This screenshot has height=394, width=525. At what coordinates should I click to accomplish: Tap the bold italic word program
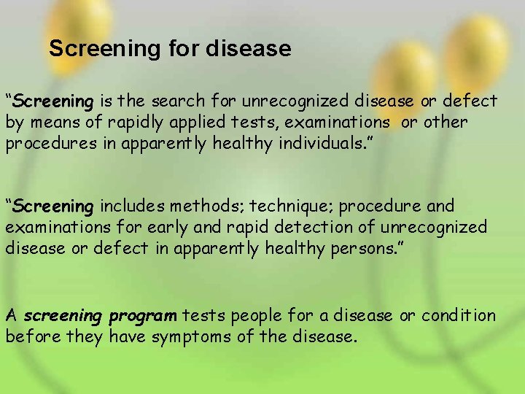[x=143, y=317]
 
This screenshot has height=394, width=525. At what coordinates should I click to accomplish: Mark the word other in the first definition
[x=446, y=122]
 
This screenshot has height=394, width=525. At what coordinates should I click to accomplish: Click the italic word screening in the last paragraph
[x=63, y=317]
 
